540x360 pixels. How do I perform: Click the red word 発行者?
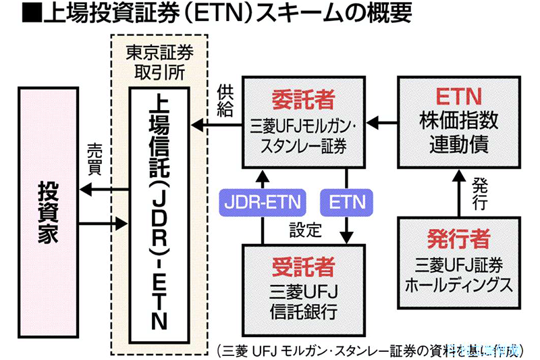click(x=458, y=239)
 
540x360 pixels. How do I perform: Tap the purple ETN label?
click(x=347, y=201)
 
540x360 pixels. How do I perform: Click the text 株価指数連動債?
click(x=458, y=133)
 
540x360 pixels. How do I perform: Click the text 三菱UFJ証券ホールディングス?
click(x=458, y=274)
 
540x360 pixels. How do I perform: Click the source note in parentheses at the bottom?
click(x=368, y=349)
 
